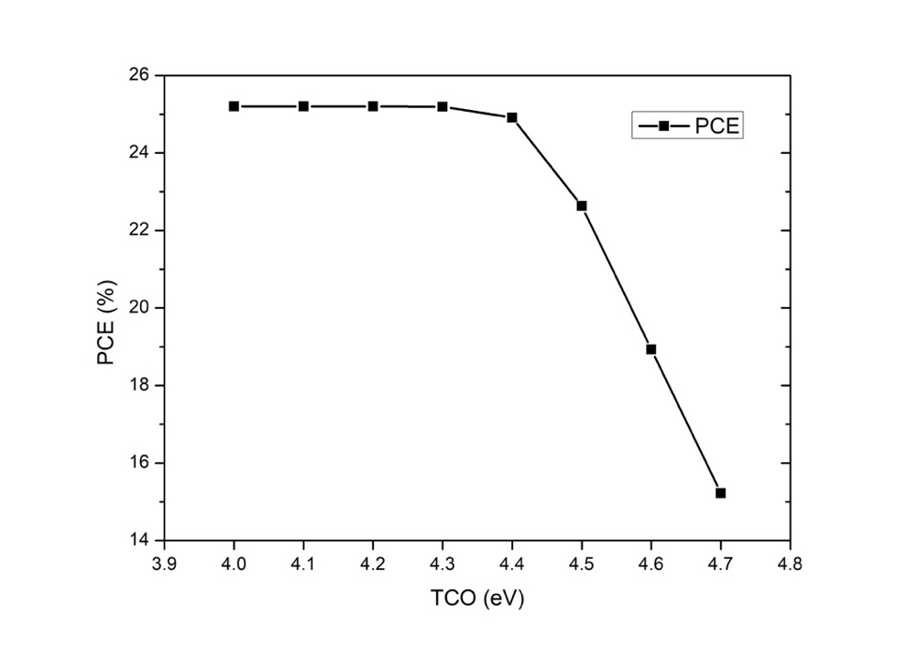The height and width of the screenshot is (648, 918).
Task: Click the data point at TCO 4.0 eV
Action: coord(234,106)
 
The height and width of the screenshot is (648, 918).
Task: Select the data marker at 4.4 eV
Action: coord(512,117)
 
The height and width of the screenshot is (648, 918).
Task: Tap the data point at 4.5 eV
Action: coord(582,205)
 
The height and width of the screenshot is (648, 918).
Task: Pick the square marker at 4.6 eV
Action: coord(651,349)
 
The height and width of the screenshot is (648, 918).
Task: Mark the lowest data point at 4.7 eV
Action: coord(720,493)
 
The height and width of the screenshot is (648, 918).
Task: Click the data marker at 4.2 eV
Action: coord(373,106)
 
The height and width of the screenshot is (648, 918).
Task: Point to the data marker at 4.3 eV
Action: coord(443,107)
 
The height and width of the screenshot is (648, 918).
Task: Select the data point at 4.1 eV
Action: coord(303,106)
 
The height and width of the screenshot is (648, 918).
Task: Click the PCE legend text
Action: coord(717,126)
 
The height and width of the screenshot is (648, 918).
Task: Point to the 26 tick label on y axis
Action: coord(141,74)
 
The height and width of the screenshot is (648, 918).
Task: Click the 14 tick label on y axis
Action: coord(141,541)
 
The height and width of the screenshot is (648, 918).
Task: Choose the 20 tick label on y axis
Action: coord(141,308)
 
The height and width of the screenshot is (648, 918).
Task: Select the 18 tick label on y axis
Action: coord(141,386)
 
